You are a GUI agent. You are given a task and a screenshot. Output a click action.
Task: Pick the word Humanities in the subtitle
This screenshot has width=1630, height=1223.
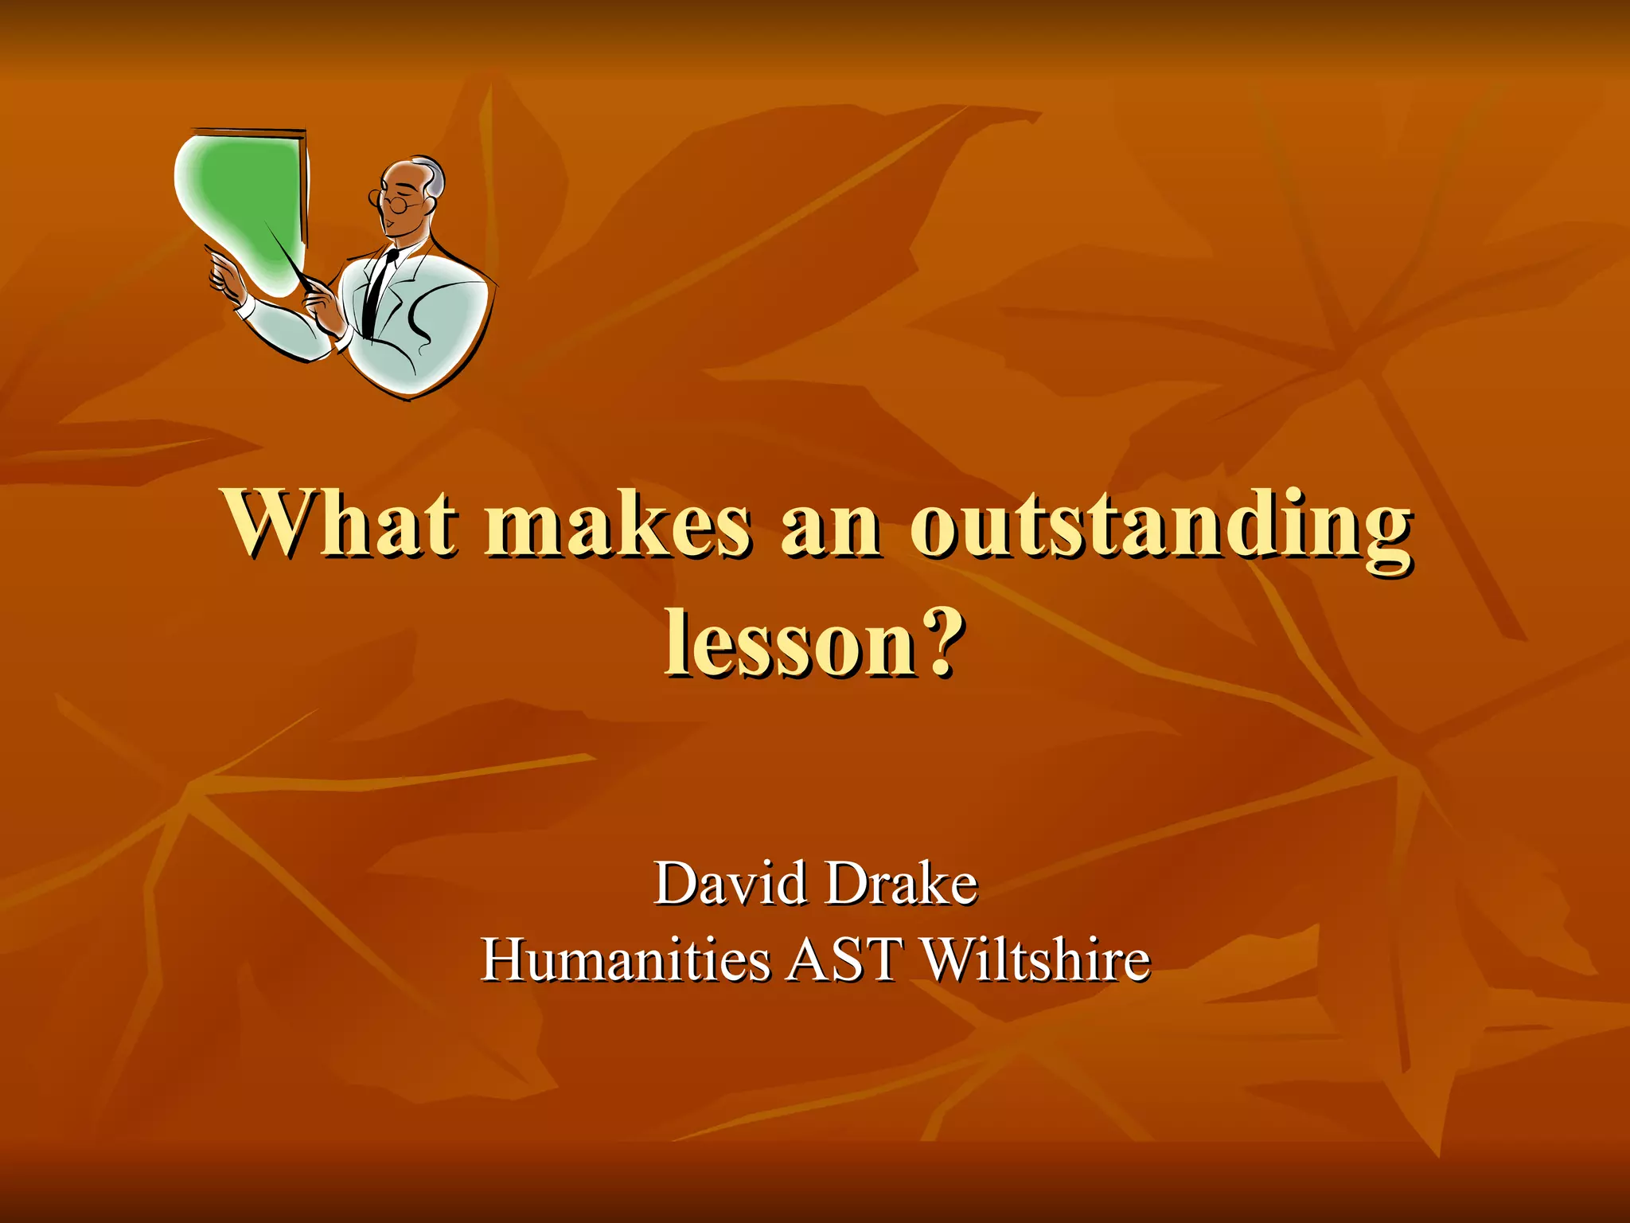coord(626,959)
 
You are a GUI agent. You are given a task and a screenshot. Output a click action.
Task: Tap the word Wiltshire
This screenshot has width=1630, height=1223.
coord(1035,959)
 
